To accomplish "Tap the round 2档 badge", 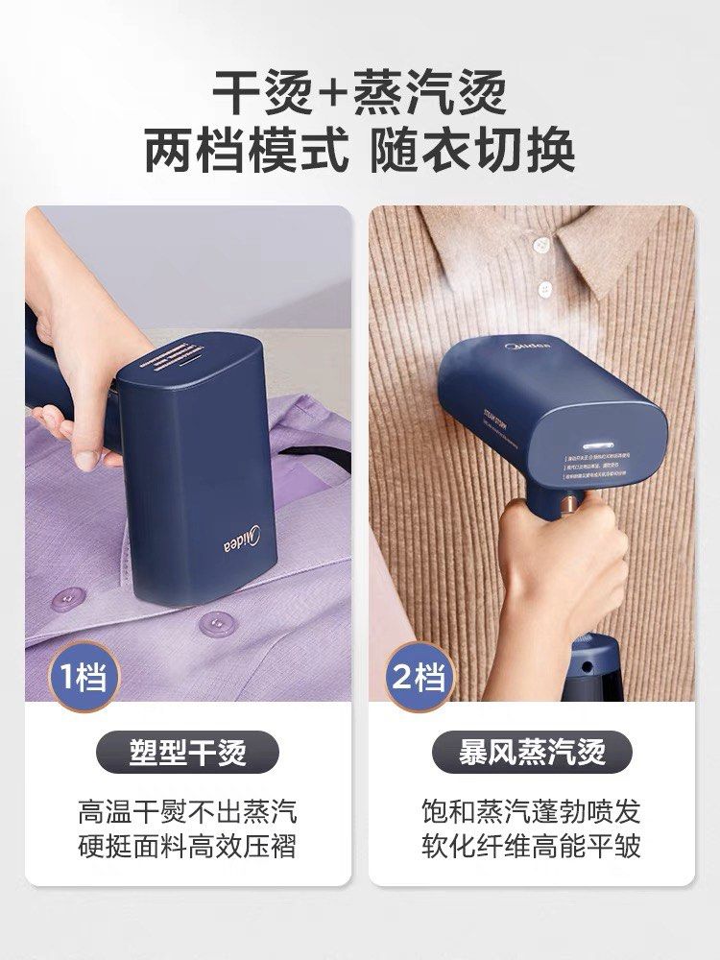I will pyautogui.click(x=418, y=677).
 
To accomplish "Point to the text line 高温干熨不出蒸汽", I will pyautogui.click(x=187, y=811).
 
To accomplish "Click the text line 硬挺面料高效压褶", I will pyautogui.click(x=187, y=847).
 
